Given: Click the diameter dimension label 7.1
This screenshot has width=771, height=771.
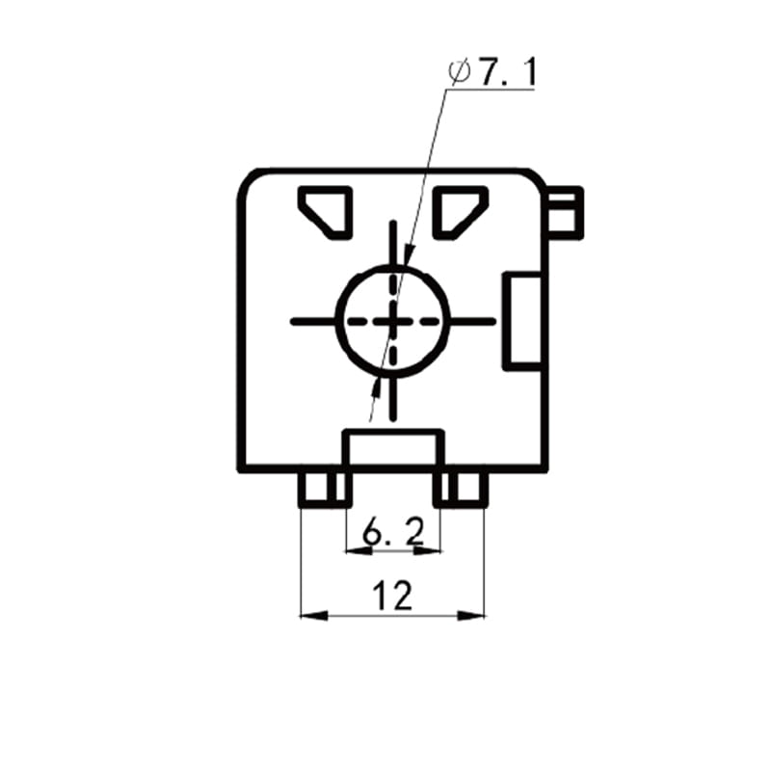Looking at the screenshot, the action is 508,73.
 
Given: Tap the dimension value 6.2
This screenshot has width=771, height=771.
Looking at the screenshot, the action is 393,532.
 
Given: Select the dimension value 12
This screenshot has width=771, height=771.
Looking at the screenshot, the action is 392,596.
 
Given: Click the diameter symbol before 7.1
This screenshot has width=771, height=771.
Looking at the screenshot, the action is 460,73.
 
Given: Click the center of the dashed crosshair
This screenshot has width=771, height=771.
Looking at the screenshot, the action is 393,322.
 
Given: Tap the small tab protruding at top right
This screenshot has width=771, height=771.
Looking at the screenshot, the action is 566,213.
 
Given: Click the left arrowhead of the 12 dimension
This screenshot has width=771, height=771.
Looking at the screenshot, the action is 314,615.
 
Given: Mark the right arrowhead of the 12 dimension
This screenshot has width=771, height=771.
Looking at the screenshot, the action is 471,615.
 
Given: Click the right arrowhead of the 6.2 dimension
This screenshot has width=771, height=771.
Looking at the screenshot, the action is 427,551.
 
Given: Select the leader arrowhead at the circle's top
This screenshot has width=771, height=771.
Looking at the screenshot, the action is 408,255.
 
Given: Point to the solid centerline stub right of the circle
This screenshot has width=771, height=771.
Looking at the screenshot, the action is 472,322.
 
